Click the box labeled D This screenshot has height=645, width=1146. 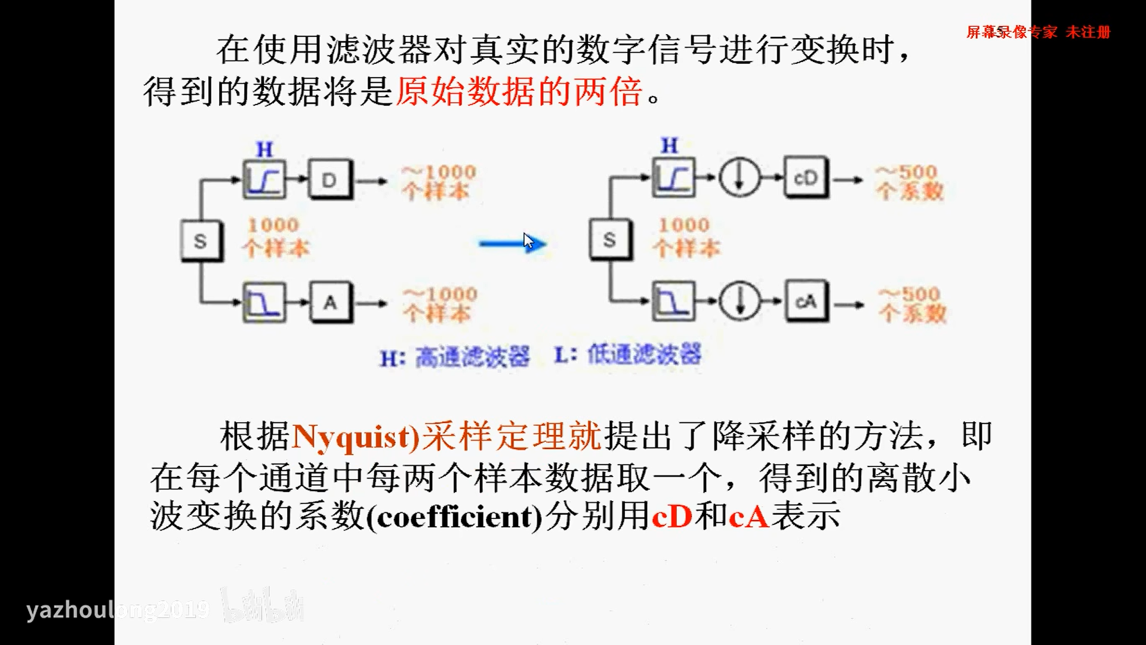point(330,180)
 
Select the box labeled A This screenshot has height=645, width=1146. point(331,303)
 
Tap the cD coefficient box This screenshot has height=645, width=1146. point(806,178)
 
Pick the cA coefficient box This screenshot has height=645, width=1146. point(806,302)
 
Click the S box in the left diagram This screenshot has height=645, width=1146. point(201,241)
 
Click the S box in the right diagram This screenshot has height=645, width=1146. point(610,240)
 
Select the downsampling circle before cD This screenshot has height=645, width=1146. point(740,178)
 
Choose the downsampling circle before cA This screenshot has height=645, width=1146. point(740,301)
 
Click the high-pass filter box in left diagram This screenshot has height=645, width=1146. point(264,180)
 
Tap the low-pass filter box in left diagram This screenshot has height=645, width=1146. point(264,303)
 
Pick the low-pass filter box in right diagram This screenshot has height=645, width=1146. point(674,301)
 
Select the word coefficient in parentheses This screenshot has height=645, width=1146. point(455,517)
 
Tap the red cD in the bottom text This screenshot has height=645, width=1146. point(672,516)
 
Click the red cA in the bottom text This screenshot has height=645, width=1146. point(749,516)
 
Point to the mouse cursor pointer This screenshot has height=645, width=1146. point(528,240)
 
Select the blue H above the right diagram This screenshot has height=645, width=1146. point(669,145)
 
